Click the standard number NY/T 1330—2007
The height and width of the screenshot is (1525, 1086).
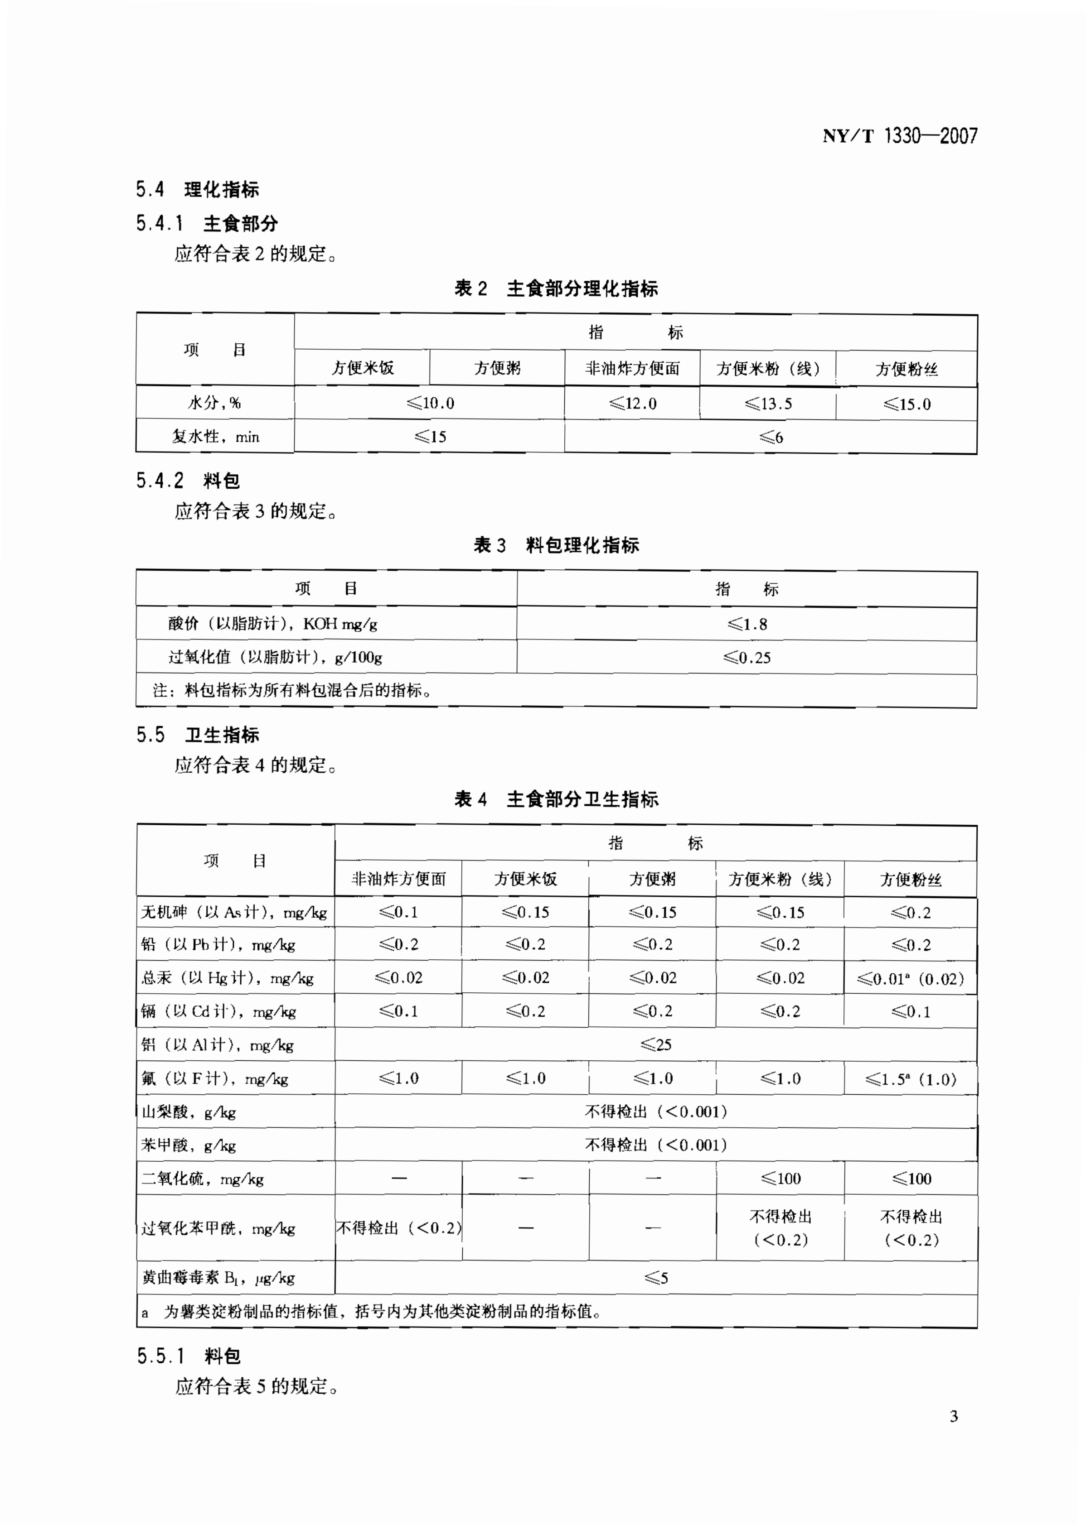(x=899, y=136)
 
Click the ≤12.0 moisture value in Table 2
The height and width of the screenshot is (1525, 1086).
(x=633, y=404)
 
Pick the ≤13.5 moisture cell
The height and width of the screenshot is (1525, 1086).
(x=768, y=404)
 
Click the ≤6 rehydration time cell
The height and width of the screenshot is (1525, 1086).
(x=771, y=438)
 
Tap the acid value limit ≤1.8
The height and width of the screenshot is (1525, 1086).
(x=747, y=624)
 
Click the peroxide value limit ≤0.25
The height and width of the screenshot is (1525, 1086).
(x=747, y=658)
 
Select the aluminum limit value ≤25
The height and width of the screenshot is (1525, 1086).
(x=655, y=1044)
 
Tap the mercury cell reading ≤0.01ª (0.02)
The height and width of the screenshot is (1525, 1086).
(x=910, y=979)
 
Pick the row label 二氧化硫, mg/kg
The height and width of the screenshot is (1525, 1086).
(x=203, y=1179)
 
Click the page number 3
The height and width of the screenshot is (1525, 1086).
(x=954, y=1416)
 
